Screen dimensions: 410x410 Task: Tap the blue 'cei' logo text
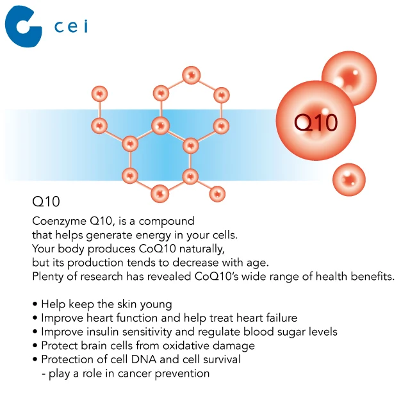(x=71, y=26)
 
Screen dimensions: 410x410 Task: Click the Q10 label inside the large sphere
(x=316, y=122)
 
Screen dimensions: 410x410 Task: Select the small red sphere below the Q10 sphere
(x=348, y=179)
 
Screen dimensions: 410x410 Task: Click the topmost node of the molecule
(x=192, y=76)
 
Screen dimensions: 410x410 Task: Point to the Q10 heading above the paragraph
(x=46, y=202)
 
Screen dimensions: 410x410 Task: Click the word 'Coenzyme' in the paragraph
(x=59, y=222)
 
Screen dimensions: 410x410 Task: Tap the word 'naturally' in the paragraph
(x=202, y=249)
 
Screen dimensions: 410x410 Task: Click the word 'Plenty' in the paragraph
(x=47, y=277)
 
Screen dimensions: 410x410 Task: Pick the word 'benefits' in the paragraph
(x=372, y=276)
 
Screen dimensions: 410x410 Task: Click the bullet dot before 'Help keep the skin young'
(x=35, y=304)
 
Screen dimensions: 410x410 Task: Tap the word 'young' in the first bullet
(x=156, y=305)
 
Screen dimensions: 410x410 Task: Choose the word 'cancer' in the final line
(x=135, y=373)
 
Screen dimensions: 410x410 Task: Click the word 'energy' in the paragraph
(x=153, y=236)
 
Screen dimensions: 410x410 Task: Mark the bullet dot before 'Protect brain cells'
(x=35, y=345)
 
